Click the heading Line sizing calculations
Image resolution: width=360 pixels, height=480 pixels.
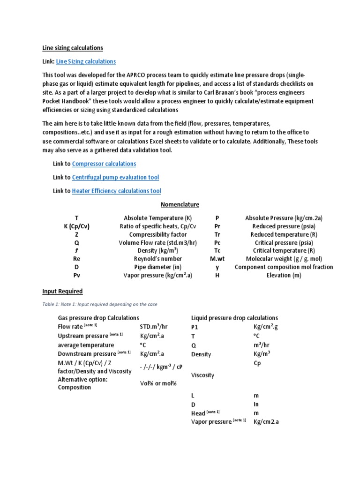pos(73,48)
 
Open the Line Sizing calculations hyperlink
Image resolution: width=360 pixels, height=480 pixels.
pos(86,61)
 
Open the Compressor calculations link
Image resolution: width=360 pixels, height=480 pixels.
pos(104,164)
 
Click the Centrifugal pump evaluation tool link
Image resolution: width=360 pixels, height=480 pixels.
pos(115,177)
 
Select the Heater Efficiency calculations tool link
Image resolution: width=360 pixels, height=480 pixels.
pos(116,191)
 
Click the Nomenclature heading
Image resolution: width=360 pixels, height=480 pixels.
pos(180,204)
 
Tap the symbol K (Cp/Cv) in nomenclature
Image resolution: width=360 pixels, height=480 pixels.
pos(77,226)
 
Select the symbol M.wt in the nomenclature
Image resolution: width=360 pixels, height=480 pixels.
pos(217,259)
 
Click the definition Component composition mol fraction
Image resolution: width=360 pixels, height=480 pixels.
pos(284,267)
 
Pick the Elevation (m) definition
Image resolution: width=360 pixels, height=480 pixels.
pos(284,275)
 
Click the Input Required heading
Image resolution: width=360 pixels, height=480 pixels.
pos(62,291)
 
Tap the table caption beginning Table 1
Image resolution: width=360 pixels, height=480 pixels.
pos(99,304)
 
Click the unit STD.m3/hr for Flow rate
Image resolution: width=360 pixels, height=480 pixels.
pos(157,327)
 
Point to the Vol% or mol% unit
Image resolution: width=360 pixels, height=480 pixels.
pos(158,383)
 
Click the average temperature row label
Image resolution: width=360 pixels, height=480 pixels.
pos(86,345)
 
